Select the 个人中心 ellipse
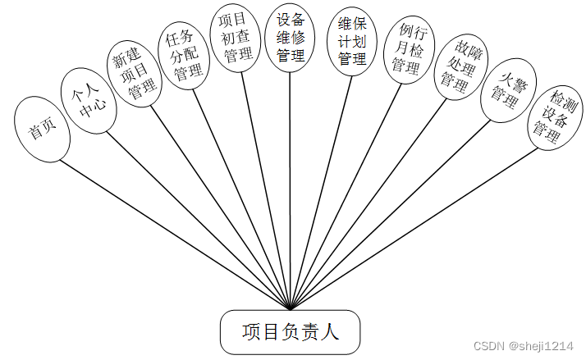click(x=87, y=101)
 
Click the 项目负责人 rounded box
click(x=291, y=332)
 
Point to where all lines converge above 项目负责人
click(x=291, y=308)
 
